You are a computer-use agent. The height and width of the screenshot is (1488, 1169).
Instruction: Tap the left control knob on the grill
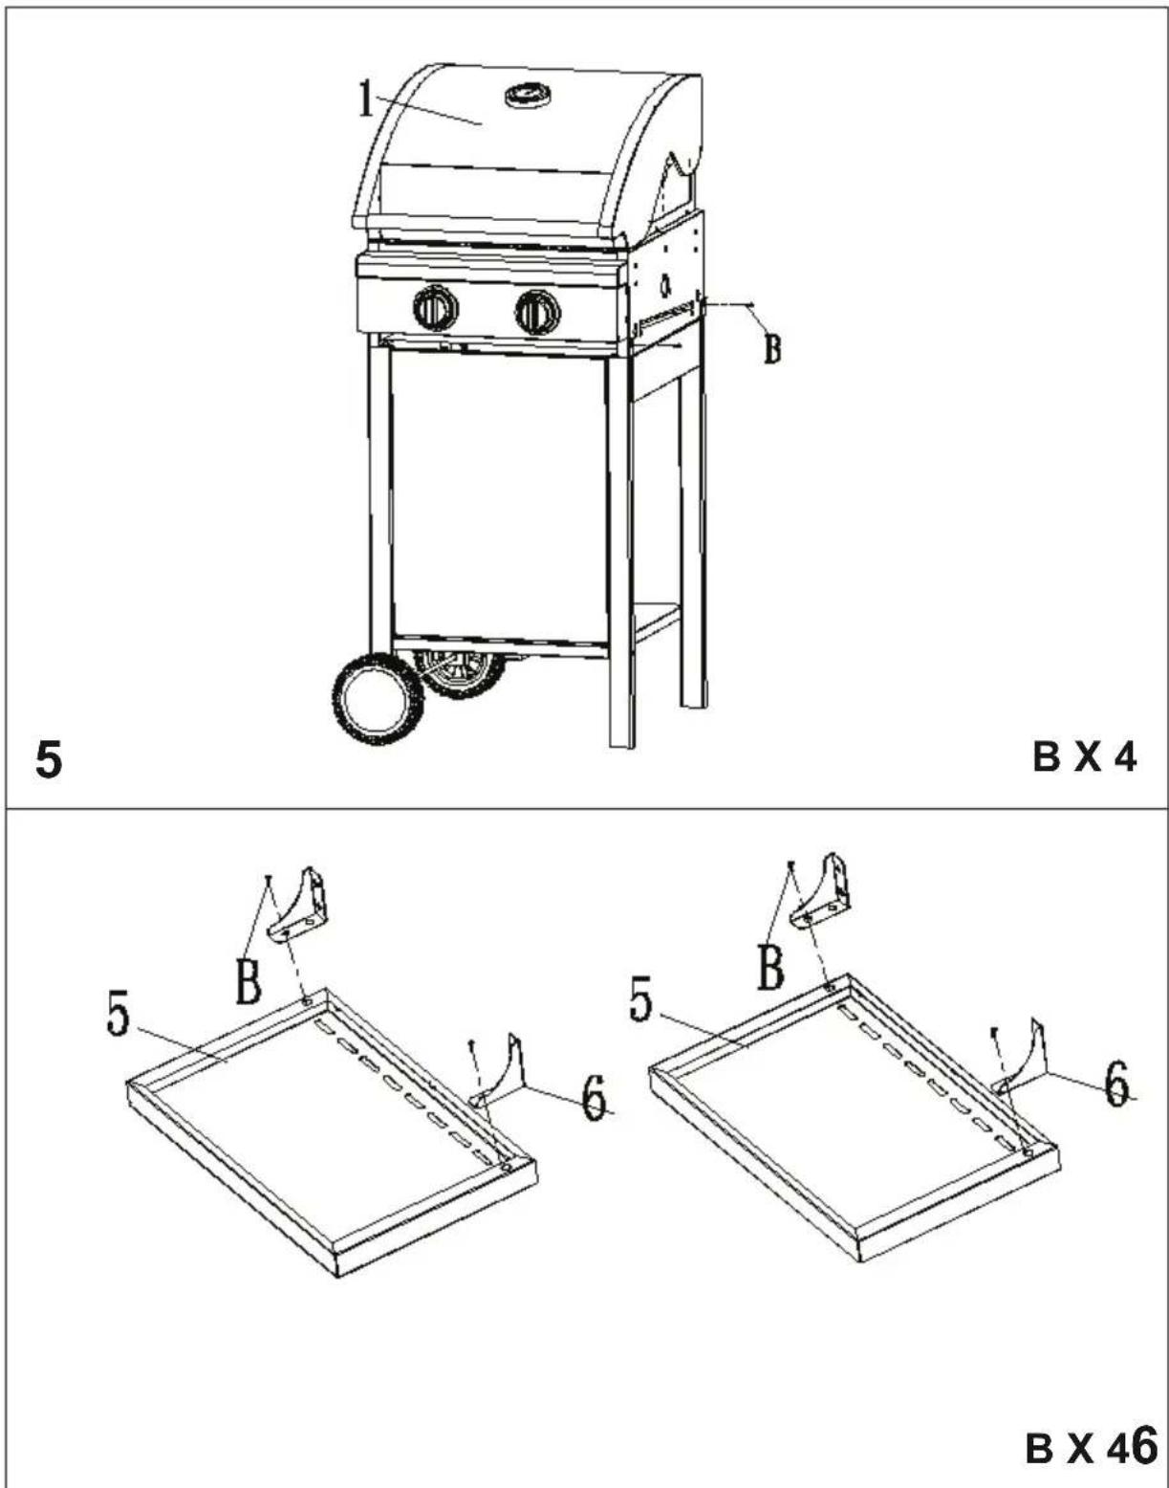[x=435, y=309]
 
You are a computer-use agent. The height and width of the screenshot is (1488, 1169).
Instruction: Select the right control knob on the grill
[x=538, y=313]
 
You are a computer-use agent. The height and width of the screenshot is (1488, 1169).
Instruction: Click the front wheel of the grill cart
[x=378, y=699]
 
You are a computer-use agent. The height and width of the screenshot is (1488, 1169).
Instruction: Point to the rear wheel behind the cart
[x=460, y=674]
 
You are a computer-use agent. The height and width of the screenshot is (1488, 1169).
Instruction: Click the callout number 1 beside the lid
[x=366, y=100]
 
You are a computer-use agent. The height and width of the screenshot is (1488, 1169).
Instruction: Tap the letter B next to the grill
[x=772, y=348]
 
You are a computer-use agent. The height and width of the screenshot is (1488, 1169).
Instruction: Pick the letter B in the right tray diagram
[x=770, y=967]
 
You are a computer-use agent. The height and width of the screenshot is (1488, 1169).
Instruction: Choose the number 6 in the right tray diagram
[x=1117, y=1083]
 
